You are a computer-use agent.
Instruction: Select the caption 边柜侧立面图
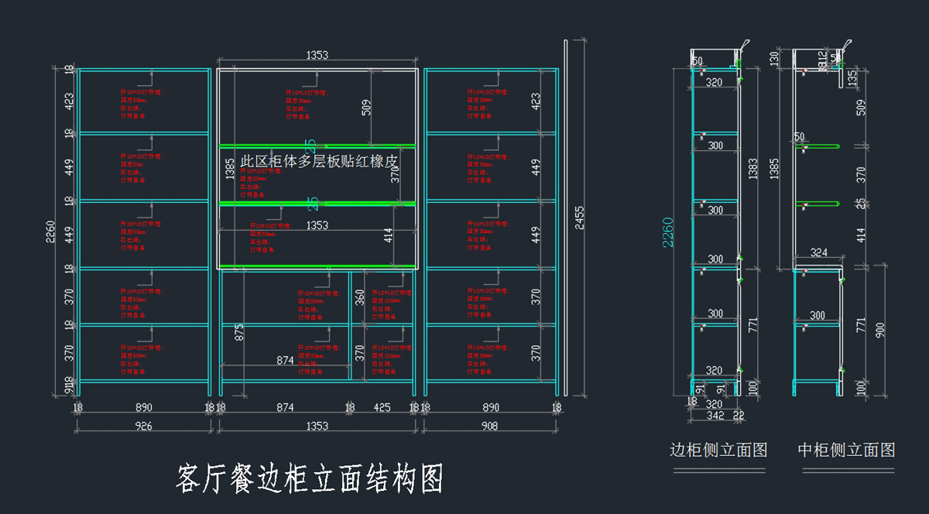[718, 450]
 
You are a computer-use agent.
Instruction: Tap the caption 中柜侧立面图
[846, 450]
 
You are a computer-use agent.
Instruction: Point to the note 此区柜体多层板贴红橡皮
[319, 161]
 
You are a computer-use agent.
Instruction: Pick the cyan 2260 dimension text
[668, 232]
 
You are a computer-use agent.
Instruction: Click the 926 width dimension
[143, 426]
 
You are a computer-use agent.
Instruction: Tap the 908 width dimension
[489, 426]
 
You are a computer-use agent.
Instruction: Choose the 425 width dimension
[382, 407]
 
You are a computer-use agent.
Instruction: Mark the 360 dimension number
[360, 297]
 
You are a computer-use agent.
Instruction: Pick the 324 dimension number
[818, 252]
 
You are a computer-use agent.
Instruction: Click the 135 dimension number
[852, 77]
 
